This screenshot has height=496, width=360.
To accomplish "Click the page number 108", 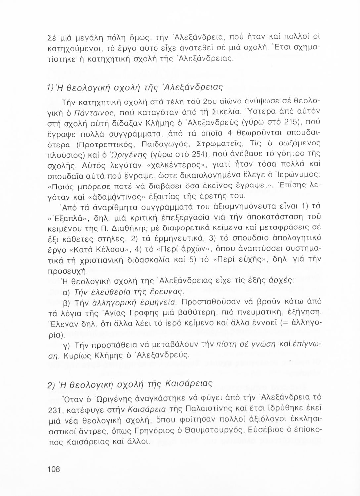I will click(x=54, y=469).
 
